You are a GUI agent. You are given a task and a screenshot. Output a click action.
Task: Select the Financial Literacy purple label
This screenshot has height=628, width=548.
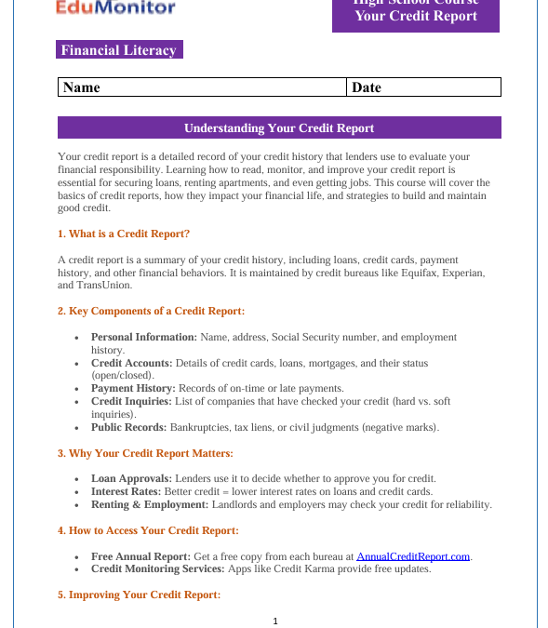[119, 50]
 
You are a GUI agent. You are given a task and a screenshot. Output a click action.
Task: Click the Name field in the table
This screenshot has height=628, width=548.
[202, 87]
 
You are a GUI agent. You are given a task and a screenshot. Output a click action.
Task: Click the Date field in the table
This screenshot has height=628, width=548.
[423, 87]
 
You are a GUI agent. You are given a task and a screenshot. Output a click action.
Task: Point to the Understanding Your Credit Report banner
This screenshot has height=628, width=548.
[279, 127]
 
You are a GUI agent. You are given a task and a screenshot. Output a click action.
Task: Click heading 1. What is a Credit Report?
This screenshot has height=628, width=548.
[124, 234]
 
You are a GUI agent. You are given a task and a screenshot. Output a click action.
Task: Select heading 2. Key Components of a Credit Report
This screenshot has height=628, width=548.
[151, 311]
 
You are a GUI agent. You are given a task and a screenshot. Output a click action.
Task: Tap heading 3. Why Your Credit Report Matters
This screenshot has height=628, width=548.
[145, 453]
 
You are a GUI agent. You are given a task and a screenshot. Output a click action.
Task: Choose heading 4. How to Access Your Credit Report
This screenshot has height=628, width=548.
[148, 530]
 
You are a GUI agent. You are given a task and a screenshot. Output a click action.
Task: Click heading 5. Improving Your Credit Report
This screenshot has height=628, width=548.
[139, 595]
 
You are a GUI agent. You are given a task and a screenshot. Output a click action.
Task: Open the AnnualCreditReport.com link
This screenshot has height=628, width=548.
[413, 556]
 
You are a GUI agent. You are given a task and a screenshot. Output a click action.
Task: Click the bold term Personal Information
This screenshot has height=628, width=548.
[143, 337]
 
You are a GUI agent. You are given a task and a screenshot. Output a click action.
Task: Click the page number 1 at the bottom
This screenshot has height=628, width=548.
[275, 621]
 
